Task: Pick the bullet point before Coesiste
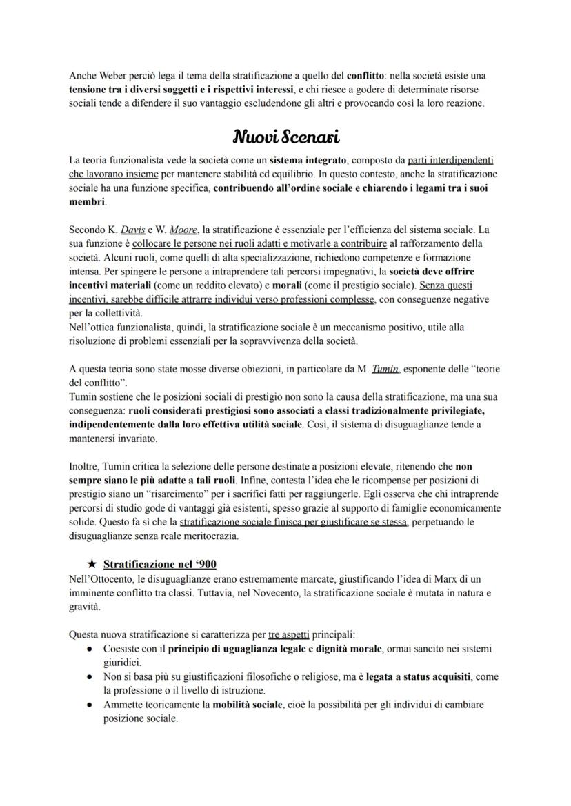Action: (x=90, y=649)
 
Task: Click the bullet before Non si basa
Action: (x=90, y=677)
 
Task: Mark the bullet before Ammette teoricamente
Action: (x=90, y=705)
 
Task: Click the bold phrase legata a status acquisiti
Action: (x=419, y=677)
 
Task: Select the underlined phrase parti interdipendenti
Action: (x=451, y=159)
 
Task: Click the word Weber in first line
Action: (x=109, y=75)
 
